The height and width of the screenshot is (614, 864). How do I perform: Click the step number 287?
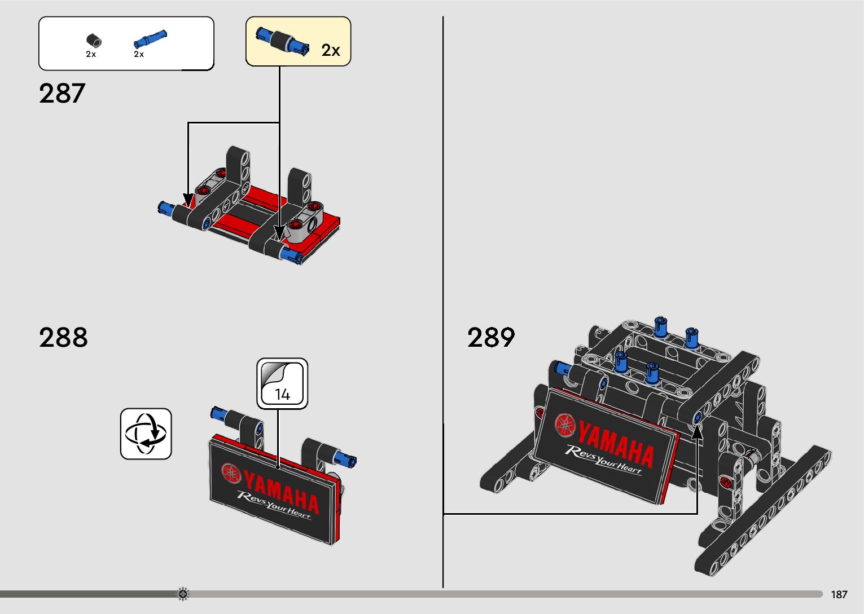[x=62, y=93]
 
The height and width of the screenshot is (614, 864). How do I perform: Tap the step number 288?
[x=63, y=337]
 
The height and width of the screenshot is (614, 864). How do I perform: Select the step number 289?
[x=491, y=337]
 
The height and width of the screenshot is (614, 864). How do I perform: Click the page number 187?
[x=839, y=594]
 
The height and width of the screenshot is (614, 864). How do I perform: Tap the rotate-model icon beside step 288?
[x=146, y=434]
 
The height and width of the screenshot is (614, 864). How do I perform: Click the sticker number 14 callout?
[x=282, y=383]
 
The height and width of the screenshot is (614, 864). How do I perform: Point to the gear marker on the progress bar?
[x=183, y=594]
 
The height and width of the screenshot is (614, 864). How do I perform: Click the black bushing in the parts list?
[x=94, y=40]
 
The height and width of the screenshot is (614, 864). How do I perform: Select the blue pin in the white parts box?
[x=150, y=38]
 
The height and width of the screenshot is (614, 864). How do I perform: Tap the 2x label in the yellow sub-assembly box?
[x=331, y=50]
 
